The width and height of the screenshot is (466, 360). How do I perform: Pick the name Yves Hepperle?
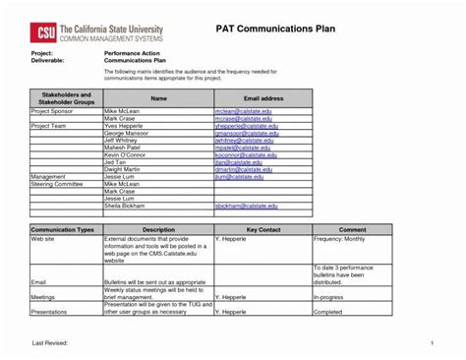point(125,127)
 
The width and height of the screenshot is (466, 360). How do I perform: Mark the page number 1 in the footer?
point(432,340)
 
